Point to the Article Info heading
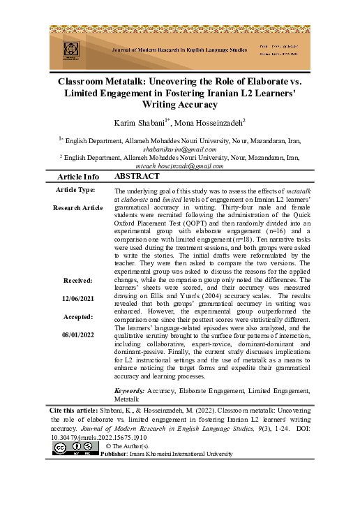pos(77,177)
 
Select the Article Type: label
pos(77,190)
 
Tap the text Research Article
pos(77,207)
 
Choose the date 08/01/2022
pos(77,334)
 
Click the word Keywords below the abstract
pos(129,390)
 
